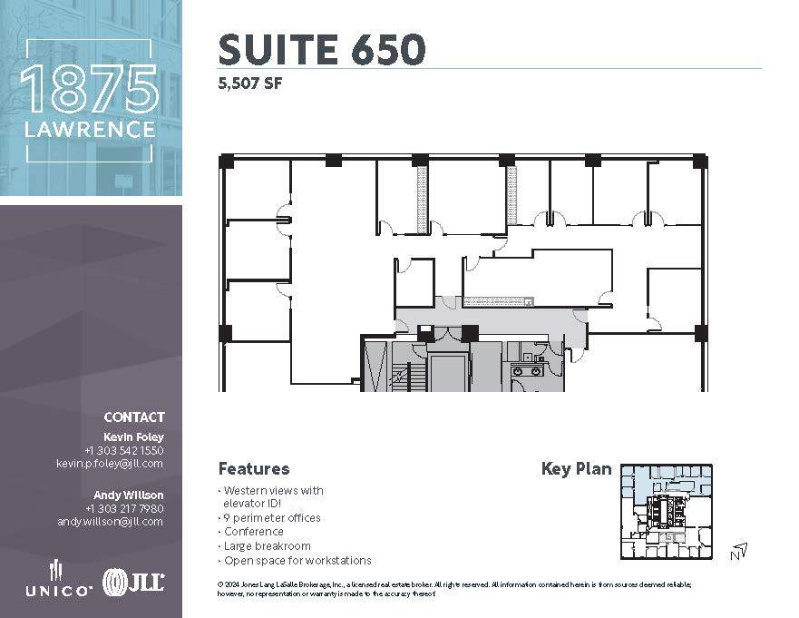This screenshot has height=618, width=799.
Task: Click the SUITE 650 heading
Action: [x=321, y=49]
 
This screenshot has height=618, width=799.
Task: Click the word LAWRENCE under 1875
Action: [x=89, y=130]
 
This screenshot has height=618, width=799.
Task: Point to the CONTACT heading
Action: [x=134, y=417]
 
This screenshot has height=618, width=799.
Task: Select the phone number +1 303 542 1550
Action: [x=124, y=450]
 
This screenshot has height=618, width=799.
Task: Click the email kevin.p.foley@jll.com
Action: [x=110, y=463]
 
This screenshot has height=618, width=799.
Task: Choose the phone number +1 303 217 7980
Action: [x=124, y=508]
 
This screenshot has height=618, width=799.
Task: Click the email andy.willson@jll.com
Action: [x=110, y=522]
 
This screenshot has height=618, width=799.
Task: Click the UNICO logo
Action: [x=56, y=581]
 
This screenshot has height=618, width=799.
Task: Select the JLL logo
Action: [x=133, y=582]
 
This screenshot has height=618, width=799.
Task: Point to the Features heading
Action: [x=254, y=469]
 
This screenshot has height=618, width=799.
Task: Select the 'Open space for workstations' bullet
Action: [x=295, y=561]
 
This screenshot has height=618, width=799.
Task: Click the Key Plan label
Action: [x=576, y=469]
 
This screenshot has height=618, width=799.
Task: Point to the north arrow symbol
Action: [x=739, y=550]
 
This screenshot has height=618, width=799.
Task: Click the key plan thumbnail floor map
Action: [x=667, y=512]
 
